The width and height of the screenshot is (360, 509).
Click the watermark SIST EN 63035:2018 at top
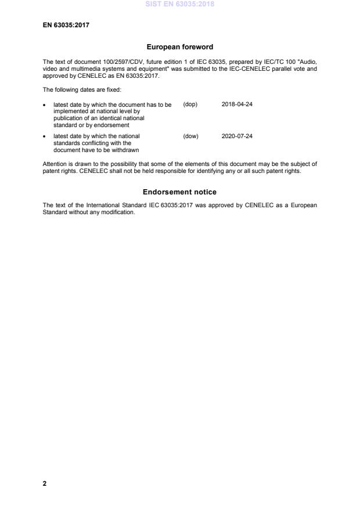(x=180, y=4)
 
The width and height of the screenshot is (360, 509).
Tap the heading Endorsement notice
(x=179, y=192)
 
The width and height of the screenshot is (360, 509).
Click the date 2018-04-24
(x=237, y=104)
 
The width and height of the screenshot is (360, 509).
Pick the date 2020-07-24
(x=237, y=136)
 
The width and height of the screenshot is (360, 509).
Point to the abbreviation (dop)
(x=190, y=104)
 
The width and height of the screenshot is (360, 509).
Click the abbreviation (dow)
(x=190, y=136)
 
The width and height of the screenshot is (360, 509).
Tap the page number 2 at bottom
(x=45, y=483)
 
